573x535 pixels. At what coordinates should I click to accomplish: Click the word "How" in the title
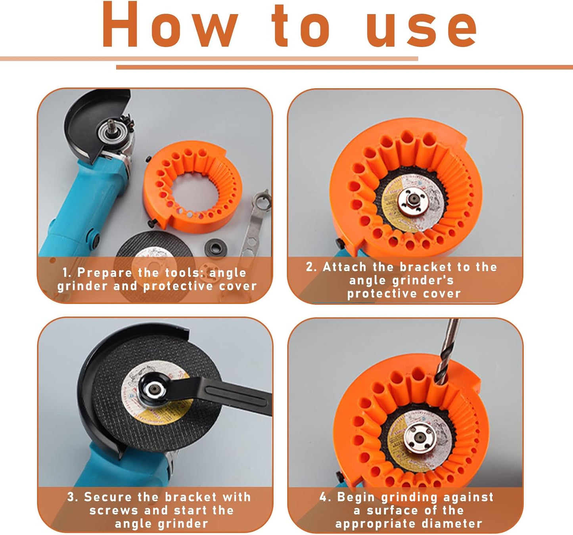(170, 25)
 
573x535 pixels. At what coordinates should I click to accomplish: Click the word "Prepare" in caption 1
(104, 273)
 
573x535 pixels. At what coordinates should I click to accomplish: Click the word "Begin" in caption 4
(356, 497)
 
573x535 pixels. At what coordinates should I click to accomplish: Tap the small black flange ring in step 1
(215, 247)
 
